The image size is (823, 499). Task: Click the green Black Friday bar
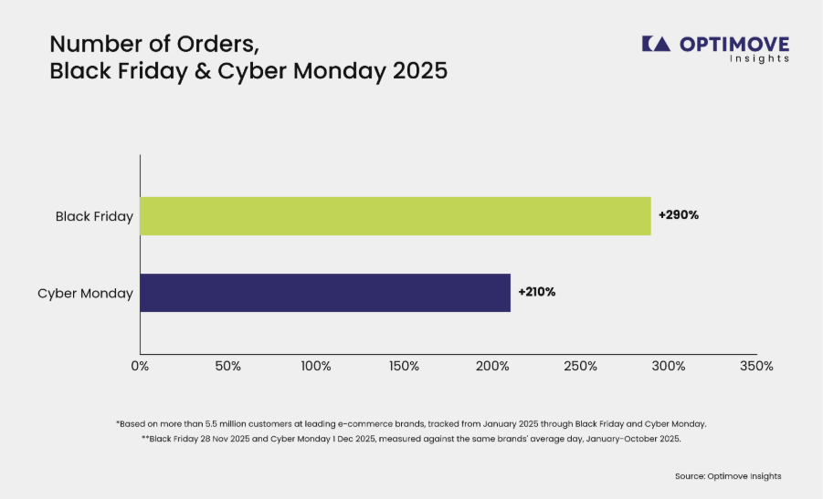click(x=396, y=216)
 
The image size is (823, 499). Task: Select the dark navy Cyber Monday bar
click(x=325, y=293)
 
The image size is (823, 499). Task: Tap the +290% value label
click(x=679, y=215)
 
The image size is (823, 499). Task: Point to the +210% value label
click(x=537, y=292)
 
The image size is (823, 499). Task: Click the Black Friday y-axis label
click(x=94, y=216)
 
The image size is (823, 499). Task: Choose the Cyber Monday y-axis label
click(x=85, y=294)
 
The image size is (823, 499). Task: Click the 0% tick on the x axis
click(x=140, y=367)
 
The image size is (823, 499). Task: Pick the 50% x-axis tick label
click(x=227, y=367)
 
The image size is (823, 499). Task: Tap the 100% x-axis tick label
click(x=316, y=367)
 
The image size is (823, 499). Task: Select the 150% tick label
click(x=404, y=367)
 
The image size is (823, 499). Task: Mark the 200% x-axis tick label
click(x=492, y=367)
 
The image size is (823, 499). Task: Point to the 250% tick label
click(x=581, y=367)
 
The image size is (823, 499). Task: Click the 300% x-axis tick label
click(x=669, y=367)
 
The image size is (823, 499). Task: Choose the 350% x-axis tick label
click(x=757, y=367)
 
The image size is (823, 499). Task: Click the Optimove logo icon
click(x=656, y=44)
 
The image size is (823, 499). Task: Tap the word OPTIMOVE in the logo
click(x=734, y=44)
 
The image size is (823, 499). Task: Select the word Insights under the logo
click(x=759, y=58)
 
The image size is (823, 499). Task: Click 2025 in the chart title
click(x=420, y=71)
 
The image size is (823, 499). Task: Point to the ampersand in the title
click(x=203, y=71)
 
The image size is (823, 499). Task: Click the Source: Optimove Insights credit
click(x=728, y=476)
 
